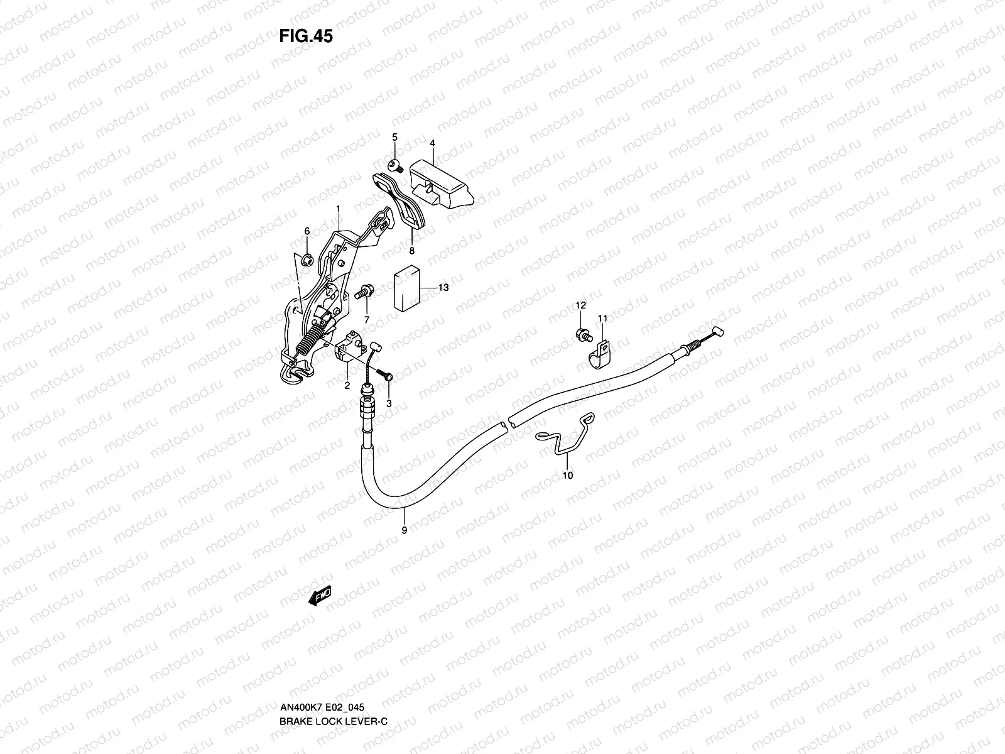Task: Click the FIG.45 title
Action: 306,36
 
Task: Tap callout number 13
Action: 443,288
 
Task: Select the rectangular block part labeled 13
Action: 406,291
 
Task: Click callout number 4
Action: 432,143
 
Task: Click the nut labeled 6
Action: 307,258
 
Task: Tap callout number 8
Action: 412,251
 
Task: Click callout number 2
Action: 347,386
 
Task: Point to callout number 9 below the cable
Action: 404,530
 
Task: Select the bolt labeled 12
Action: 582,334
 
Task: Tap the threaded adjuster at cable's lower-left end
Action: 366,406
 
